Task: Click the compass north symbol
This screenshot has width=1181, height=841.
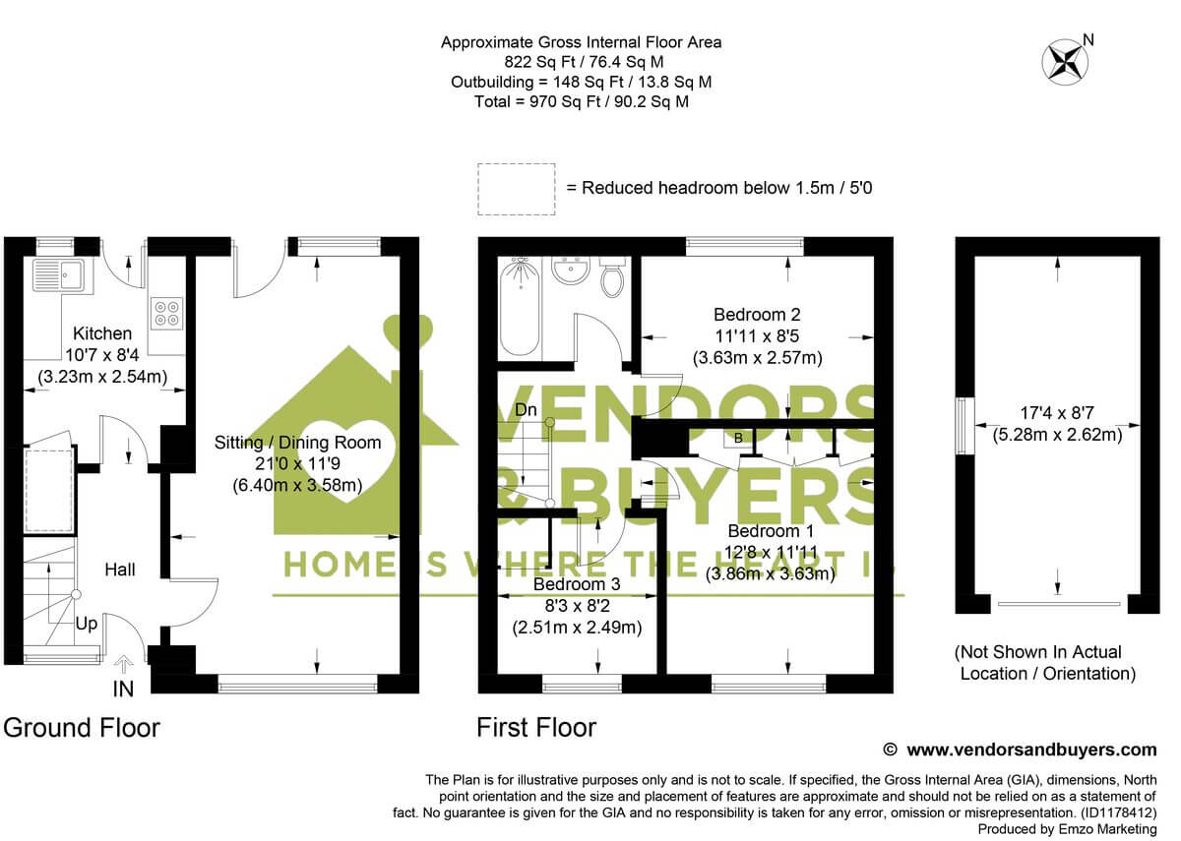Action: coord(1063,59)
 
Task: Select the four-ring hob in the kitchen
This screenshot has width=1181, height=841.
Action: coord(165,313)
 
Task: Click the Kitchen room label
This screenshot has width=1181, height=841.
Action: coord(94,333)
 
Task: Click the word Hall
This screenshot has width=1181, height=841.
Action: coord(120,570)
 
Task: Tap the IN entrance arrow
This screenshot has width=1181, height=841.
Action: coord(124,666)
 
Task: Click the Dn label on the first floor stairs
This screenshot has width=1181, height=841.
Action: coord(527,409)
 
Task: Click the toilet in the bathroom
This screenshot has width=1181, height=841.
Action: coord(611,278)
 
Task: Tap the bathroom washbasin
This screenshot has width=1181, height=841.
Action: coord(570,269)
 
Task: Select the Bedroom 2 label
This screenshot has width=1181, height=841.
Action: coord(757,315)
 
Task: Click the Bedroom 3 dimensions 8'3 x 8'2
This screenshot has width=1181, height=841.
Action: coord(576,605)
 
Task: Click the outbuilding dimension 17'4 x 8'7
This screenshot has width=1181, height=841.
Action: coord(1057,413)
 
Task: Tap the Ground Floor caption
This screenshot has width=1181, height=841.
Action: coord(82,728)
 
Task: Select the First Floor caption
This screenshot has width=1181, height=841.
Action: coord(536,728)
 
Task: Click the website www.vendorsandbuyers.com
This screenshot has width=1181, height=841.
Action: coord(1030,750)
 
